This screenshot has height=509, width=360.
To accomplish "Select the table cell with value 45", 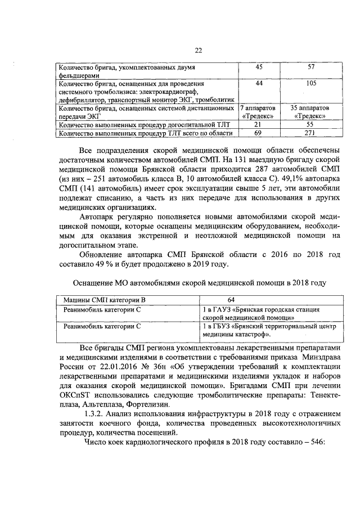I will pos(259,67).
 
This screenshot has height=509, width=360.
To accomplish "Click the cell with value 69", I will pos(259,133).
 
